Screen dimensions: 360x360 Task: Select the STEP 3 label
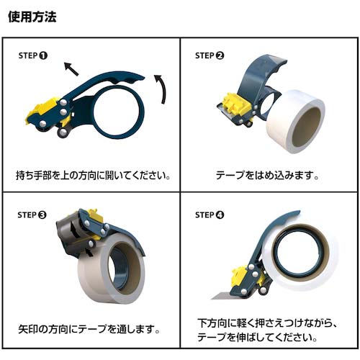pos(33,214)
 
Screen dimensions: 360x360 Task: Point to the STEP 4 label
pos(210,214)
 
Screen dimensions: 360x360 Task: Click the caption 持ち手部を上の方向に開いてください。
pos(93,176)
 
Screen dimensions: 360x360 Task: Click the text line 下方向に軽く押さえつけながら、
pos(268,323)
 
